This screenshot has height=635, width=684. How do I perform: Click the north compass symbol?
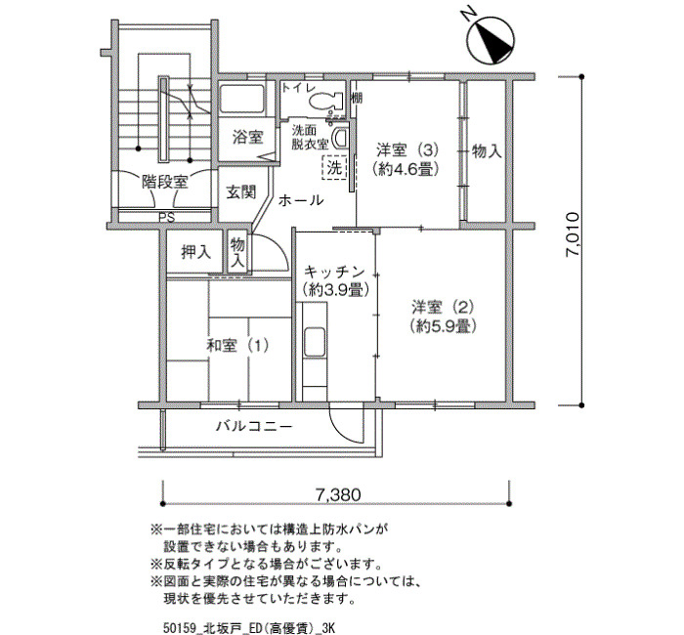pyautogui.click(x=491, y=40)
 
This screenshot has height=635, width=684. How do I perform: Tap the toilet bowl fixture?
pyautogui.click(x=325, y=102)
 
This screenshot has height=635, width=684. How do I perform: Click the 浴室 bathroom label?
pyautogui.click(x=247, y=137)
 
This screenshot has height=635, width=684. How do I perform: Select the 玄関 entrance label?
pyautogui.click(x=240, y=191)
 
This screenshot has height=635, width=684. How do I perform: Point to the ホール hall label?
pyautogui.click(x=301, y=200)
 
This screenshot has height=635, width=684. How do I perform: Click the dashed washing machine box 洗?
pyautogui.click(x=334, y=167)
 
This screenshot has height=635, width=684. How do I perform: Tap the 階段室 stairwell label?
pyautogui.click(x=165, y=182)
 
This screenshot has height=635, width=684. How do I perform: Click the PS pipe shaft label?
pyautogui.click(x=166, y=217)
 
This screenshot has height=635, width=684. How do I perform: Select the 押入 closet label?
pyautogui.click(x=195, y=252)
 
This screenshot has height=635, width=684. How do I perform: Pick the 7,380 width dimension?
pyautogui.click(x=338, y=494)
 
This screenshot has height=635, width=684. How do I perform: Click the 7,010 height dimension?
pyautogui.click(x=572, y=234)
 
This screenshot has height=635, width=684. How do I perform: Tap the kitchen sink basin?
pyautogui.click(x=314, y=342)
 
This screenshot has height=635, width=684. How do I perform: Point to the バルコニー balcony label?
pyautogui.click(x=254, y=426)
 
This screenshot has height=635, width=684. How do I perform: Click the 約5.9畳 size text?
pyautogui.click(x=443, y=325)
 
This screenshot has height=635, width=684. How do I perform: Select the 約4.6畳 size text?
pyautogui.click(x=406, y=168)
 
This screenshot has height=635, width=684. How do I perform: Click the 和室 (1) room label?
pyautogui.click(x=237, y=346)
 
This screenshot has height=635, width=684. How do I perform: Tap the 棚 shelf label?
pyautogui.click(x=357, y=98)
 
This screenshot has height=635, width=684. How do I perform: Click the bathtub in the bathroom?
pyautogui.click(x=241, y=99)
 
